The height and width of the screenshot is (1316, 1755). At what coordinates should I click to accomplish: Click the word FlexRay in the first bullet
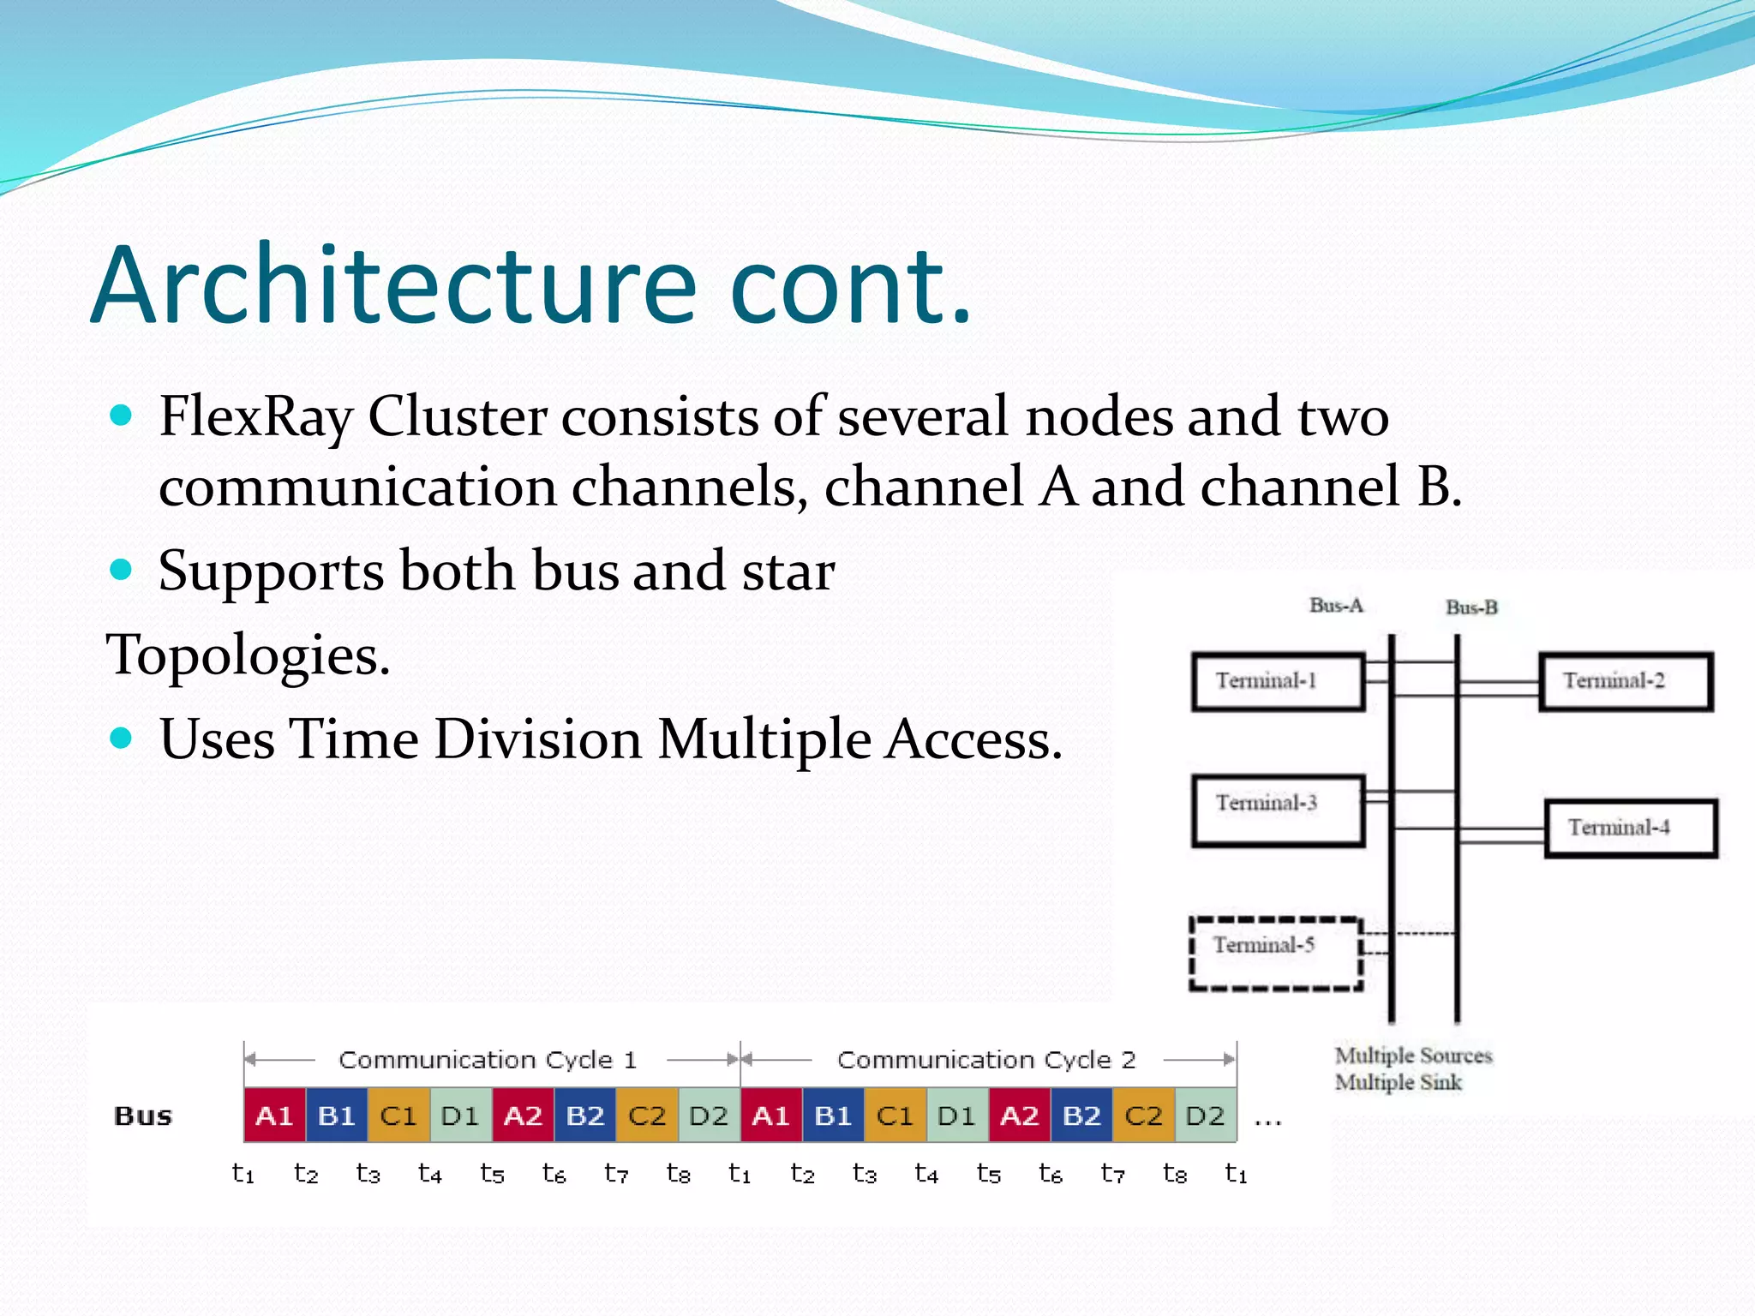[x=255, y=417]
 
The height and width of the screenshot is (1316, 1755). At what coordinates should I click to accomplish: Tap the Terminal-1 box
[x=1278, y=682]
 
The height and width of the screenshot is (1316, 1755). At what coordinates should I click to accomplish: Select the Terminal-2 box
[x=1626, y=682]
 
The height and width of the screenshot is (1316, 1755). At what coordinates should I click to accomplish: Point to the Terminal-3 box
[x=1278, y=810]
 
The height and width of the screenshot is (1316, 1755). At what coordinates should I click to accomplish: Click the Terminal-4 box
[x=1631, y=828]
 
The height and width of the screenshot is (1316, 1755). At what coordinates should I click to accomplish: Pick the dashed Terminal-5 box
[x=1276, y=954]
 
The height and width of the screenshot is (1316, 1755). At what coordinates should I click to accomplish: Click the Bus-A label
[x=1336, y=606]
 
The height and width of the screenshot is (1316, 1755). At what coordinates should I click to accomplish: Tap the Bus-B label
[x=1471, y=607]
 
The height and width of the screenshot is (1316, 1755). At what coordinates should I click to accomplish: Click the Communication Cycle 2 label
[x=986, y=1060]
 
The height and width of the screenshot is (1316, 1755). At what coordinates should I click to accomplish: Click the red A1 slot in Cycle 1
[x=274, y=1116]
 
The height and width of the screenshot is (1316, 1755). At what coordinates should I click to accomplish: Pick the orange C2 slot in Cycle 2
[x=1143, y=1116]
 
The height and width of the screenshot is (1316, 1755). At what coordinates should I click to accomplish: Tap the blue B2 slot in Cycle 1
[x=585, y=1116]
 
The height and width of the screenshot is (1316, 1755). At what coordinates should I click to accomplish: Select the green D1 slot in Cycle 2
[x=957, y=1116]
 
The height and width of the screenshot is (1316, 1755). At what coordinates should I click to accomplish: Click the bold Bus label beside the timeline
[x=143, y=1116]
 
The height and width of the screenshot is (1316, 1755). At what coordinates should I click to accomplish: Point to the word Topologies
[x=248, y=655]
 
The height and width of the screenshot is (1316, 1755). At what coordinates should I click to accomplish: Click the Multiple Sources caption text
[x=1413, y=1056]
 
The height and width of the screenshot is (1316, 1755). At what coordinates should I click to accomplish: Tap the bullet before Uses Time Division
[x=122, y=738]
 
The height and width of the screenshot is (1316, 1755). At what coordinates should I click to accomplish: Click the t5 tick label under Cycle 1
[x=492, y=1173]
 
